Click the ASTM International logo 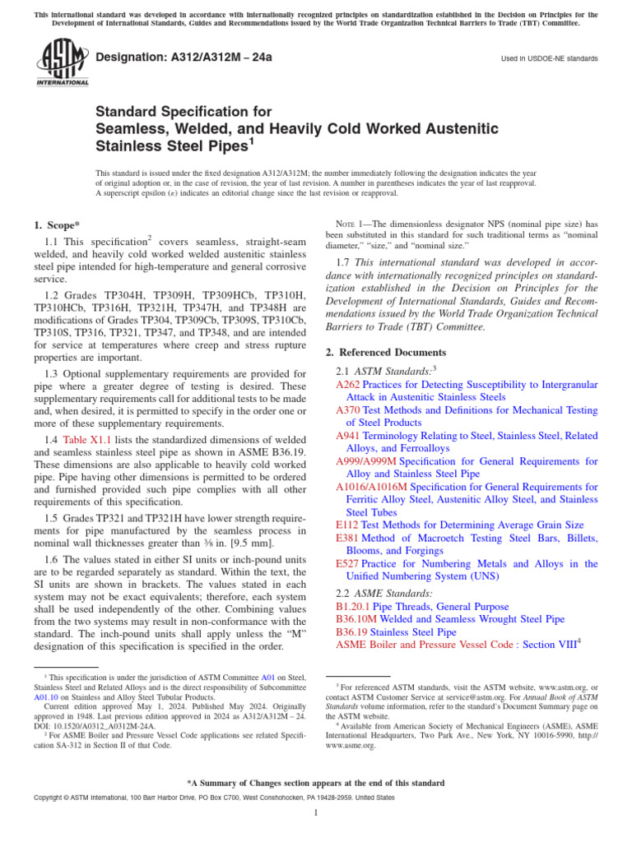click(62, 64)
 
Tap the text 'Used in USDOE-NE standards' click(549, 59)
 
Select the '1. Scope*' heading click(58, 225)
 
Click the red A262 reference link click(348, 384)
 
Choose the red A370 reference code click(348, 410)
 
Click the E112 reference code click(346, 525)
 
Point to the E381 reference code click(346, 538)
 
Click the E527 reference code click(346, 563)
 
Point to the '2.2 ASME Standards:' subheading click(385, 592)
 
